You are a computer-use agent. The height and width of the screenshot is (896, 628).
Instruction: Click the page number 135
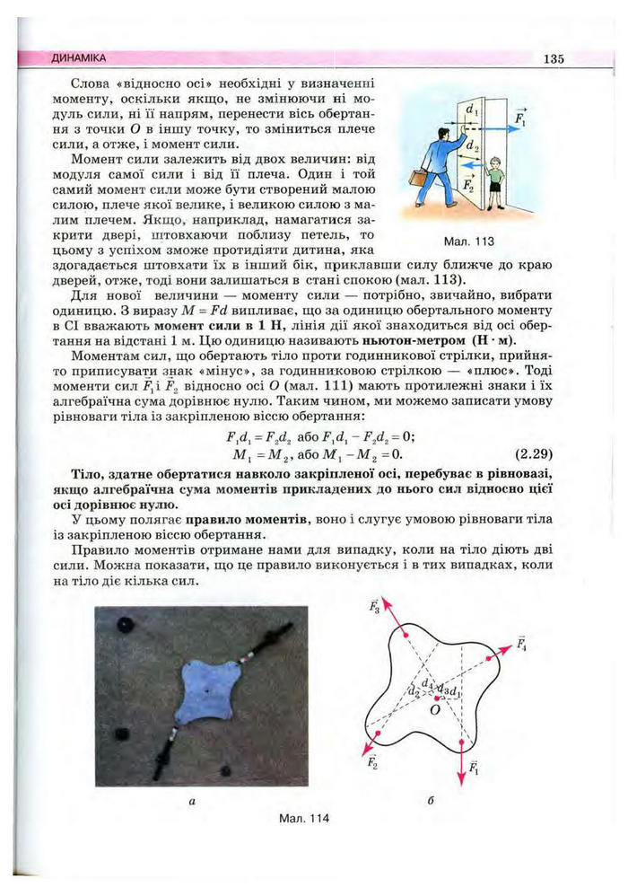pos(553,59)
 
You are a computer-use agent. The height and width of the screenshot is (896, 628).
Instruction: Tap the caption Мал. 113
pos(468,242)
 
